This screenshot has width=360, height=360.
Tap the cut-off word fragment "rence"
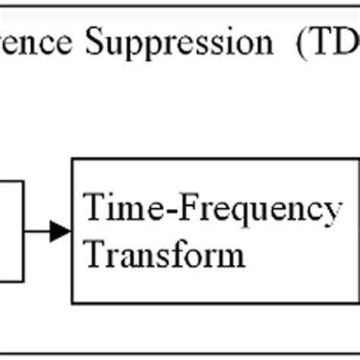click(38, 43)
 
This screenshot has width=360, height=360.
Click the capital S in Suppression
click(95, 43)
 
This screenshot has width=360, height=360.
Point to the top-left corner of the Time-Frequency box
click(73, 160)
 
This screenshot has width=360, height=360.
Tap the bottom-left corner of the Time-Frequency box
click(73, 302)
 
